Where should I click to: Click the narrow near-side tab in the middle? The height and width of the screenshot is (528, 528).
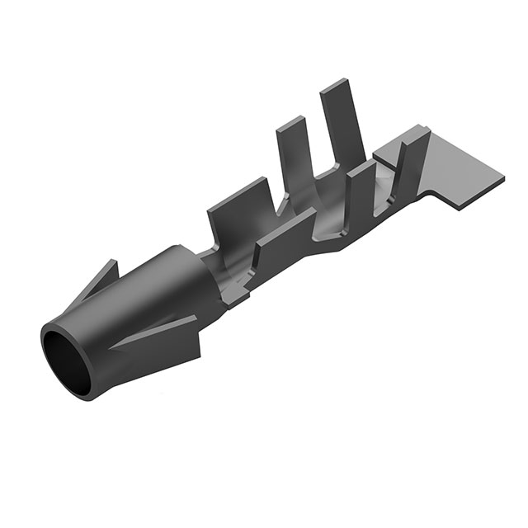click(359, 194)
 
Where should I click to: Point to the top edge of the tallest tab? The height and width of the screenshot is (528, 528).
click(334, 84)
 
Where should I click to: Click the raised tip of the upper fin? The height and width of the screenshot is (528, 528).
click(113, 262)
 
